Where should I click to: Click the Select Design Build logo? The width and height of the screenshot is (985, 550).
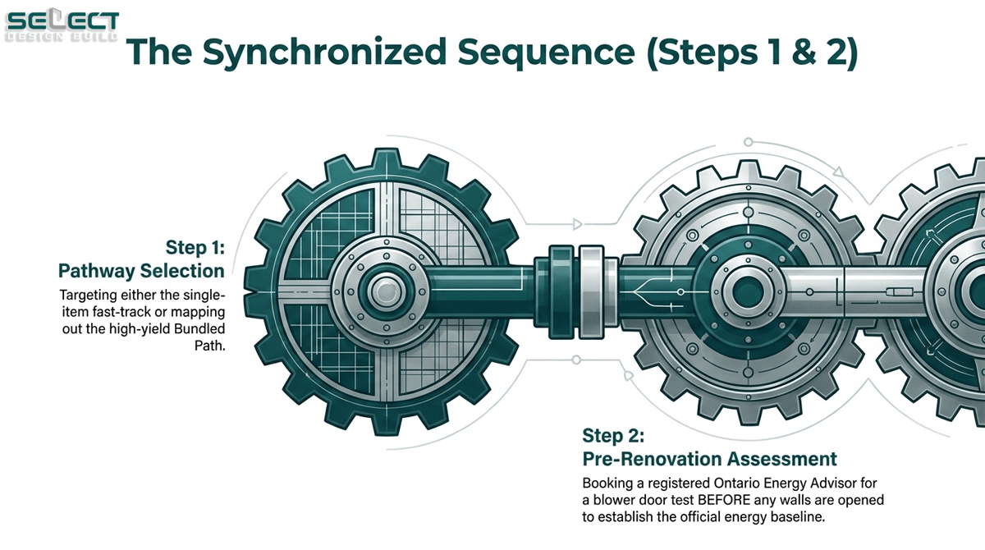coord(62,25)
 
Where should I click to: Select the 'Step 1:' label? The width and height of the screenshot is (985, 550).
coord(195,247)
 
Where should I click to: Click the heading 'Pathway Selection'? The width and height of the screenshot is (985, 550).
coord(141,271)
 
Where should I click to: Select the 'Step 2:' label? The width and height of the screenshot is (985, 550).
coord(613,435)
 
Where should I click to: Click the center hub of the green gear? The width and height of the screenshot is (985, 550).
coord(386,292)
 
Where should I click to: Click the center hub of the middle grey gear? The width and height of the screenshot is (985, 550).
coord(748,292)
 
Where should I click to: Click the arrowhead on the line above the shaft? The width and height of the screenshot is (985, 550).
coord(577,225)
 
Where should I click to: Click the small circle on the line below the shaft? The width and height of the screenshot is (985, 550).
coord(576,360)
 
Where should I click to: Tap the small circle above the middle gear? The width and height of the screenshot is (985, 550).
coord(748,142)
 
